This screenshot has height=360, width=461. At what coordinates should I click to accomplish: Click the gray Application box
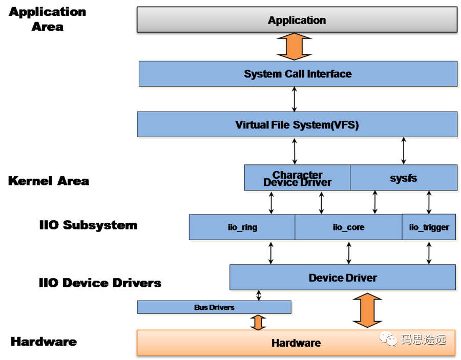[x=297, y=20]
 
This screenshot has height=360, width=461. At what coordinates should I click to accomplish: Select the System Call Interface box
[x=298, y=74]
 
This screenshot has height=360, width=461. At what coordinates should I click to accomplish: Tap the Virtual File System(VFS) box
[x=297, y=124]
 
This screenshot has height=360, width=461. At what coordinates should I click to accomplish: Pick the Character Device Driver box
[x=297, y=178]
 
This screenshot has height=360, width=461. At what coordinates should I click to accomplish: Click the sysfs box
[x=403, y=178]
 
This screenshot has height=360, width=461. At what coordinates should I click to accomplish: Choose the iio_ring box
[x=242, y=227]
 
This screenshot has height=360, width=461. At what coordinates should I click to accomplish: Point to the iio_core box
[x=348, y=227]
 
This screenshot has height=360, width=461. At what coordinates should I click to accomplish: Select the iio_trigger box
[x=429, y=227]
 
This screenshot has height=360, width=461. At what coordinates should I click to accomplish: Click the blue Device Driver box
[x=343, y=278]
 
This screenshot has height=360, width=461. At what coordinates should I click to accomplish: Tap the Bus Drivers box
[x=214, y=307]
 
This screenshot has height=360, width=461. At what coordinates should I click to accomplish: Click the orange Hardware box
[x=296, y=343]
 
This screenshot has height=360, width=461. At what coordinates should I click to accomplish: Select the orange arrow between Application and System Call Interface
[x=294, y=47]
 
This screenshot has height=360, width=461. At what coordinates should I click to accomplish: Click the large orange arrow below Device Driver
[x=367, y=310]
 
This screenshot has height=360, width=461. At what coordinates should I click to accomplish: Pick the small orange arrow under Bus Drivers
[x=258, y=322]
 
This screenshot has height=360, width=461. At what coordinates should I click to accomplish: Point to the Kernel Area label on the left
[x=48, y=181]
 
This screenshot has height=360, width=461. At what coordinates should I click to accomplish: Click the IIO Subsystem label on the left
[x=88, y=225]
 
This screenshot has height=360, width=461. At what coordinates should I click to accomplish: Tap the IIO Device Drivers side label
[x=100, y=282]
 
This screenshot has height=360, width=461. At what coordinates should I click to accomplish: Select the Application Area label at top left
[x=47, y=19]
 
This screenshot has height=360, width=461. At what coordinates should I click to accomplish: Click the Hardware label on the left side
[x=43, y=342]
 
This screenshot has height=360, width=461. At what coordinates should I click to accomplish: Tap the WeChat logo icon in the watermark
[x=388, y=338]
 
